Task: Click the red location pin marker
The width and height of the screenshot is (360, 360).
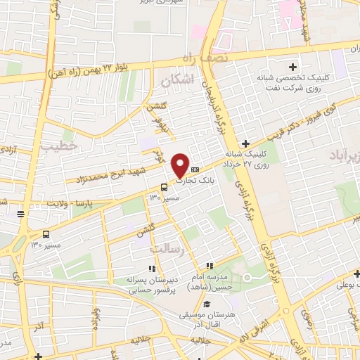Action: click(x=181, y=165)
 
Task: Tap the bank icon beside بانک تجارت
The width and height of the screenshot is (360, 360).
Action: click(x=195, y=169)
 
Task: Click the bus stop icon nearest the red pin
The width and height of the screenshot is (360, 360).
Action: click(x=164, y=187)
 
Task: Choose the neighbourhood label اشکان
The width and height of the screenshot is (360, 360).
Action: click(x=176, y=82)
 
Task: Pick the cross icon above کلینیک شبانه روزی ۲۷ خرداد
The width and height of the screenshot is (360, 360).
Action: click(x=245, y=143)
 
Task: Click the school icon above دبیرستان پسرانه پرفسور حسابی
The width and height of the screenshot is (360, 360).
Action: click(x=150, y=268)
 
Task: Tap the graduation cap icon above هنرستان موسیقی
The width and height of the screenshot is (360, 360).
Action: click(x=207, y=304)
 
